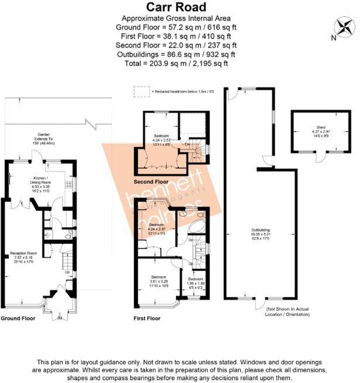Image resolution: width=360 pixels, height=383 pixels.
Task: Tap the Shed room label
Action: (321, 130)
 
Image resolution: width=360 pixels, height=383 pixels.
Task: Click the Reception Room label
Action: (24, 257)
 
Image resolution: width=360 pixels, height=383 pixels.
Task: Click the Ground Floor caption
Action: (18, 319)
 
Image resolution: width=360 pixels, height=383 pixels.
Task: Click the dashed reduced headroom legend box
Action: (141, 91)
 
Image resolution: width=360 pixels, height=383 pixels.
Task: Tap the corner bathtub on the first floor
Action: (198, 225)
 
